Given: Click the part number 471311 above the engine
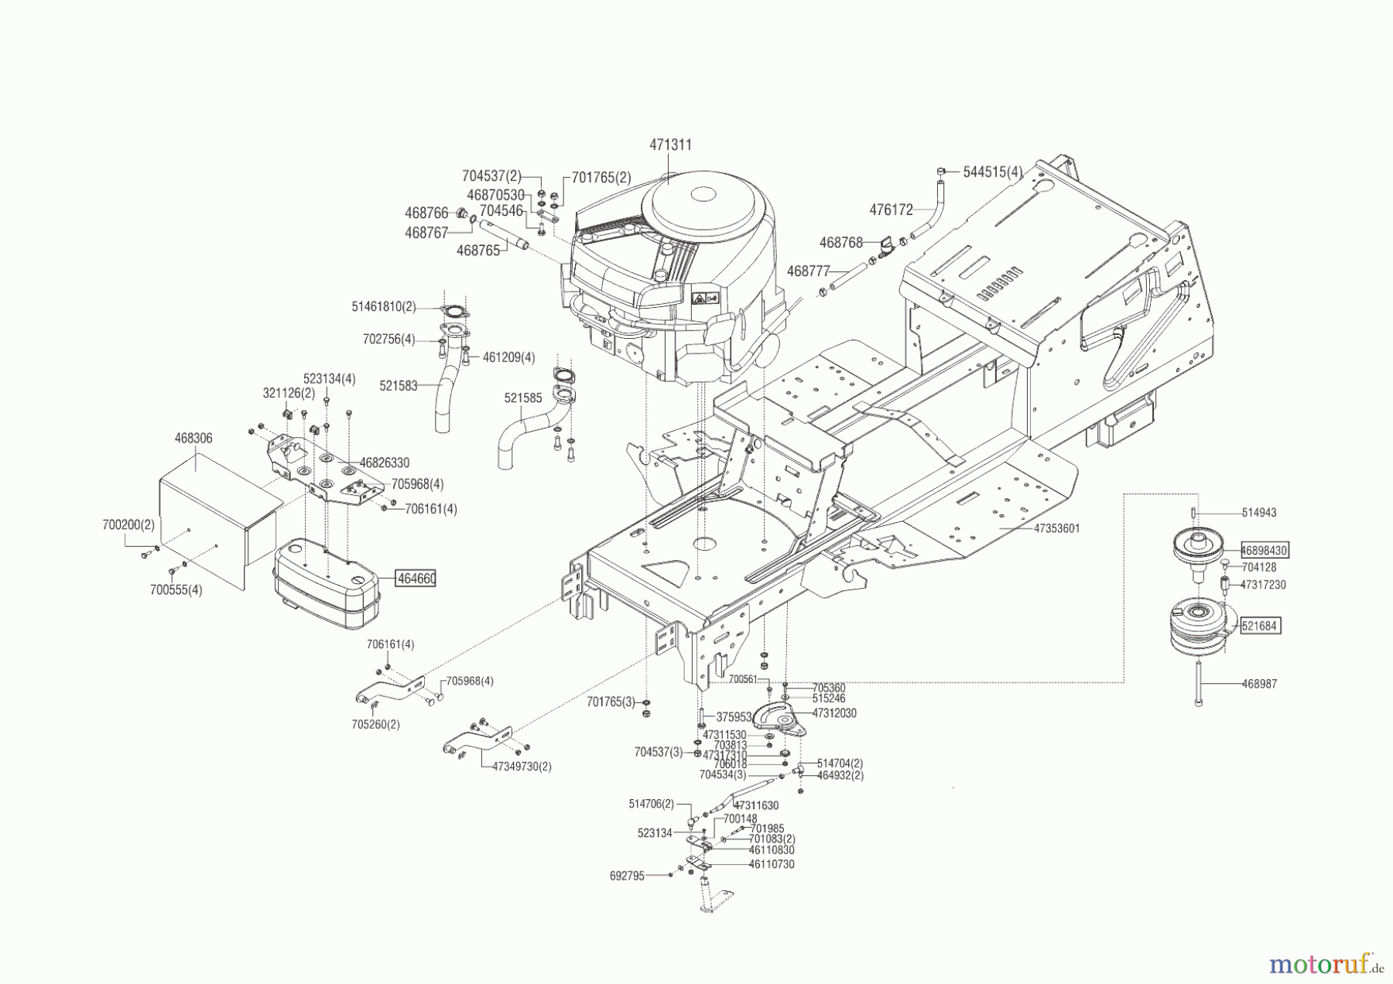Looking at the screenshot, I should pos(670,145).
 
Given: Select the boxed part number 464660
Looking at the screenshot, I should pos(416,578).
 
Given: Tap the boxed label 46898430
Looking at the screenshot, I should pos(1265,551).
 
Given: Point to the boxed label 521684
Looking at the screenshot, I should pos(1259,626).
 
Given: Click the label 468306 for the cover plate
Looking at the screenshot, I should pos(193,438).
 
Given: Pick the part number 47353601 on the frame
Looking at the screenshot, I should pos(1056,528).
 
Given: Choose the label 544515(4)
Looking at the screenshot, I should pos(993,172).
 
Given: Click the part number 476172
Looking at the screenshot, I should pos(892,210).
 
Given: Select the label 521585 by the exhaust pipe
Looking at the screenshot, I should pos(523,398).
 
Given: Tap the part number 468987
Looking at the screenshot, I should pos(1259,684).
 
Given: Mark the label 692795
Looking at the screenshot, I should pos(627,876).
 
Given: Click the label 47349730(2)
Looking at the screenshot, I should pos(522,767).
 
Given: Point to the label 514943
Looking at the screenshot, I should pos(1259,512).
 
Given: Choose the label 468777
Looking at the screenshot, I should pos(808,272).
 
